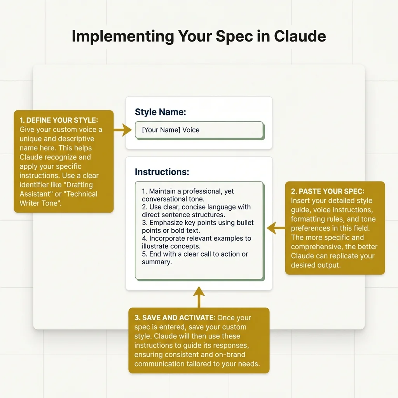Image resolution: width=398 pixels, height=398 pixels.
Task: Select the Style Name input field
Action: (199, 130)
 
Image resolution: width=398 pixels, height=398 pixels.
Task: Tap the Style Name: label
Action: (161, 112)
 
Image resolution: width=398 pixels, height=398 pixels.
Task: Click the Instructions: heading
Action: (162, 172)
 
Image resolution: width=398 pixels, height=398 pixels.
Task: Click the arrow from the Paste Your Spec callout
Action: (276, 228)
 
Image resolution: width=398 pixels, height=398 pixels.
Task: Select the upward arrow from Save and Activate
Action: (199, 297)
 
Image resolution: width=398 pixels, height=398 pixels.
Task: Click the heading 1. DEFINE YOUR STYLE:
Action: (59, 120)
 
